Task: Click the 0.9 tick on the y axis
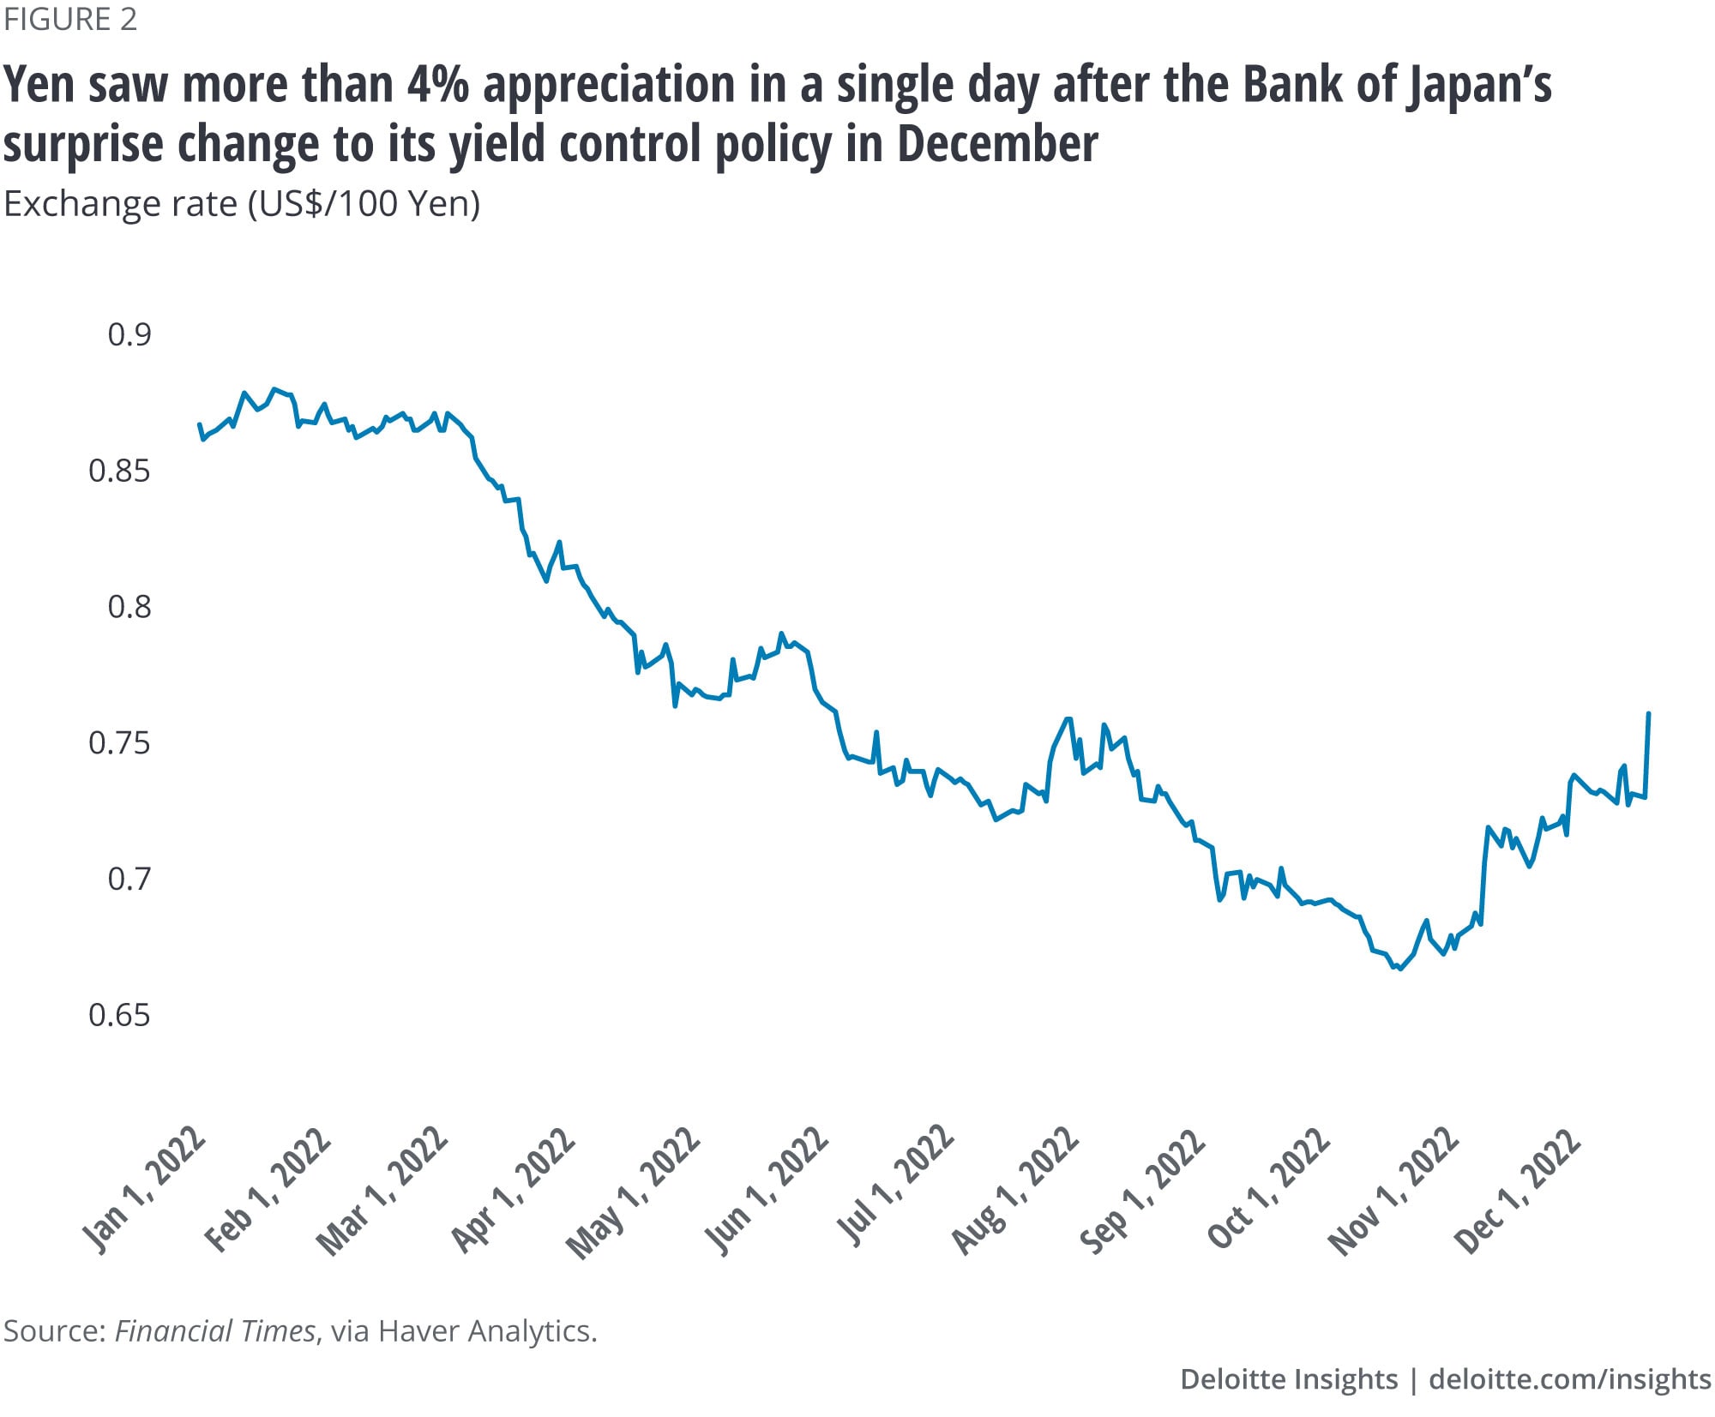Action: point(129,334)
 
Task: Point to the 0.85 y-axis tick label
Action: point(119,471)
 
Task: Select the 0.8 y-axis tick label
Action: point(129,607)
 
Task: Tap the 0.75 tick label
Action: point(119,742)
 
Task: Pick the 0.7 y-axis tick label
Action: point(129,879)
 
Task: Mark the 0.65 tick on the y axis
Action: point(119,1015)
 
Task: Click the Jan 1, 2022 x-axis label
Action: point(144,1192)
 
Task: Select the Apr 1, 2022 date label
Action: point(514,1192)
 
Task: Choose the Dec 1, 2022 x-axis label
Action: point(1518,1192)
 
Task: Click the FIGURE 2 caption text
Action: point(70,20)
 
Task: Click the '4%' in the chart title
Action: point(438,86)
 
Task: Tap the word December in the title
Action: point(997,144)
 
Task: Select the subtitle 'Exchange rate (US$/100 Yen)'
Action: point(242,204)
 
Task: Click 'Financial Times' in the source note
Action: point(215,1331)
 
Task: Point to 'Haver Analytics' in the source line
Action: point(487,1331)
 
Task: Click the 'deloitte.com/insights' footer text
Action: point(1570,1379)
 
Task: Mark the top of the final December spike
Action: point(1649,714)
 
